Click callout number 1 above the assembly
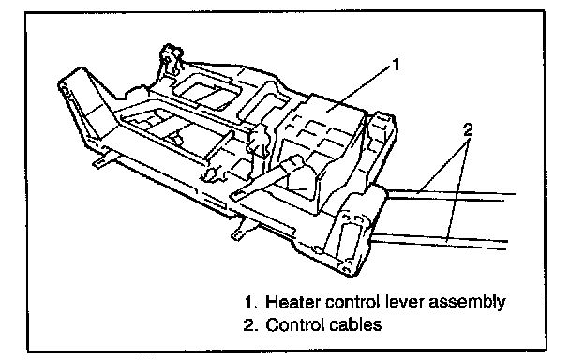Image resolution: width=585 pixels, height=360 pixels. [x=396, y=64]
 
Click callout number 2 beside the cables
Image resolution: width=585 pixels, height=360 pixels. [x=468, y=129]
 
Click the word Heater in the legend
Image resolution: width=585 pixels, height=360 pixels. [x=293, y=302]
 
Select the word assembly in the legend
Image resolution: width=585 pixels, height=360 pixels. [x=467, y=303]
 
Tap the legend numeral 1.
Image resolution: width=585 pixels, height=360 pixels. [x=248, y=302]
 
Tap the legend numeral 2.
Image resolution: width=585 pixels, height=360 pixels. [x=248, y=324]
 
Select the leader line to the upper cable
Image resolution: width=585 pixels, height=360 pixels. [x=442, y=167]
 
